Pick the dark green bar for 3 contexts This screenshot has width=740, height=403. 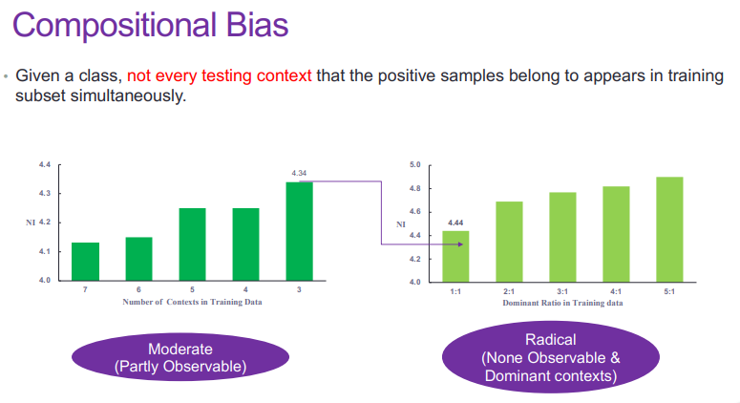(x=299, y=231)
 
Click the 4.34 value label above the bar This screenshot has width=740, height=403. (x=299, y=174)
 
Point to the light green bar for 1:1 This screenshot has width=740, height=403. (x=455, y=256)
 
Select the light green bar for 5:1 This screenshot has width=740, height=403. (x=669, y=229)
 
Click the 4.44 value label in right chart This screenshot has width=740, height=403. (x=455, y=222)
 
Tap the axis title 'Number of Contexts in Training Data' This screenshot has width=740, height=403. (x=192, y=302)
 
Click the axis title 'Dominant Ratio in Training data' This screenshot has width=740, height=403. (x=563, y=303)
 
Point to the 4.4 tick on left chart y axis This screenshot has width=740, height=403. (x=44, y=165)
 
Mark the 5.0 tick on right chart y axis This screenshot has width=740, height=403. (x=414, y=165)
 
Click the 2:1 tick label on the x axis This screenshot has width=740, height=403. (x=509, y=291)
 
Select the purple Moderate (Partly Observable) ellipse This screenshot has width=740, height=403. (x=180, y=357)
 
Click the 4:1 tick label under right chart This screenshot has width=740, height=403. (x=616, y=291)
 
